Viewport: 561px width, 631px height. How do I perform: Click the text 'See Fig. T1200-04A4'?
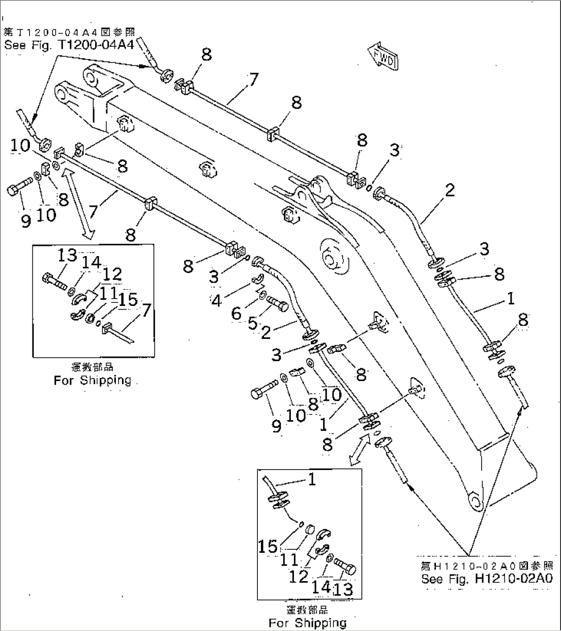tap(69, 45)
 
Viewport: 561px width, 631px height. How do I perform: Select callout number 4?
tap(217, 301)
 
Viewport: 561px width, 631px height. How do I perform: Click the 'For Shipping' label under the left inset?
tap(93, 381)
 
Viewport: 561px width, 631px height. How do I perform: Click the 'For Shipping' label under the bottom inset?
tap(307, 623)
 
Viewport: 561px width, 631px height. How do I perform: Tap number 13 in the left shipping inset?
tap(67, 255)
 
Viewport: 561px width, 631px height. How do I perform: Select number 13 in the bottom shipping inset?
tap(343, 589)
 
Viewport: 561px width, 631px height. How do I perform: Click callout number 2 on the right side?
tap(449, 190)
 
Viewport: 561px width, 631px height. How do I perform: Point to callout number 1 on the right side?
tap(510, 298)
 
